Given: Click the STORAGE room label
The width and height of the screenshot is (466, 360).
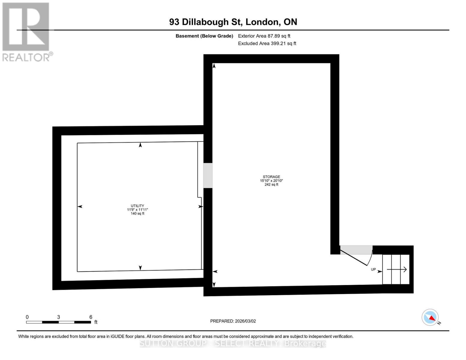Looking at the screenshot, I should [x=271, y=177].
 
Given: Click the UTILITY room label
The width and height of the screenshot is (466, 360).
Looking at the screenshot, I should [x=137, y=206].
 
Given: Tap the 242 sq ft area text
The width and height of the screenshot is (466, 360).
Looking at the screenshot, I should [x=271, y=184].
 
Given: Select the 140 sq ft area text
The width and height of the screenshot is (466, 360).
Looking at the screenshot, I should [x=137, y=214].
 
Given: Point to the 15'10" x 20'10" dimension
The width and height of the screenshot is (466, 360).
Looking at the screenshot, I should [x=271, y=181].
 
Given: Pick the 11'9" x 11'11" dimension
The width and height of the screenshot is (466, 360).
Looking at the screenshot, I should [x=137, y=210].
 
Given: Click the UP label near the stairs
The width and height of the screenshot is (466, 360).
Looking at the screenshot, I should [x=373, y=269].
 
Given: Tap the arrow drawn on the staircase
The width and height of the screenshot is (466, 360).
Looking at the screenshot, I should [x=397, y=269].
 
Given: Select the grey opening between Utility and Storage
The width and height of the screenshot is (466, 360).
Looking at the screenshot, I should [x=208, y=175].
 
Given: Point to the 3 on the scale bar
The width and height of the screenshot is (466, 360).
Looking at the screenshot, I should [x=59, y=317].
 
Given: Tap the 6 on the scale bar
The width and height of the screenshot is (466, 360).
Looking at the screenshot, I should [x=91, y=317].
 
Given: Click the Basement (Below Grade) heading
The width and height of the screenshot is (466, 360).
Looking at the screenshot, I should [x=204, y=36].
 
